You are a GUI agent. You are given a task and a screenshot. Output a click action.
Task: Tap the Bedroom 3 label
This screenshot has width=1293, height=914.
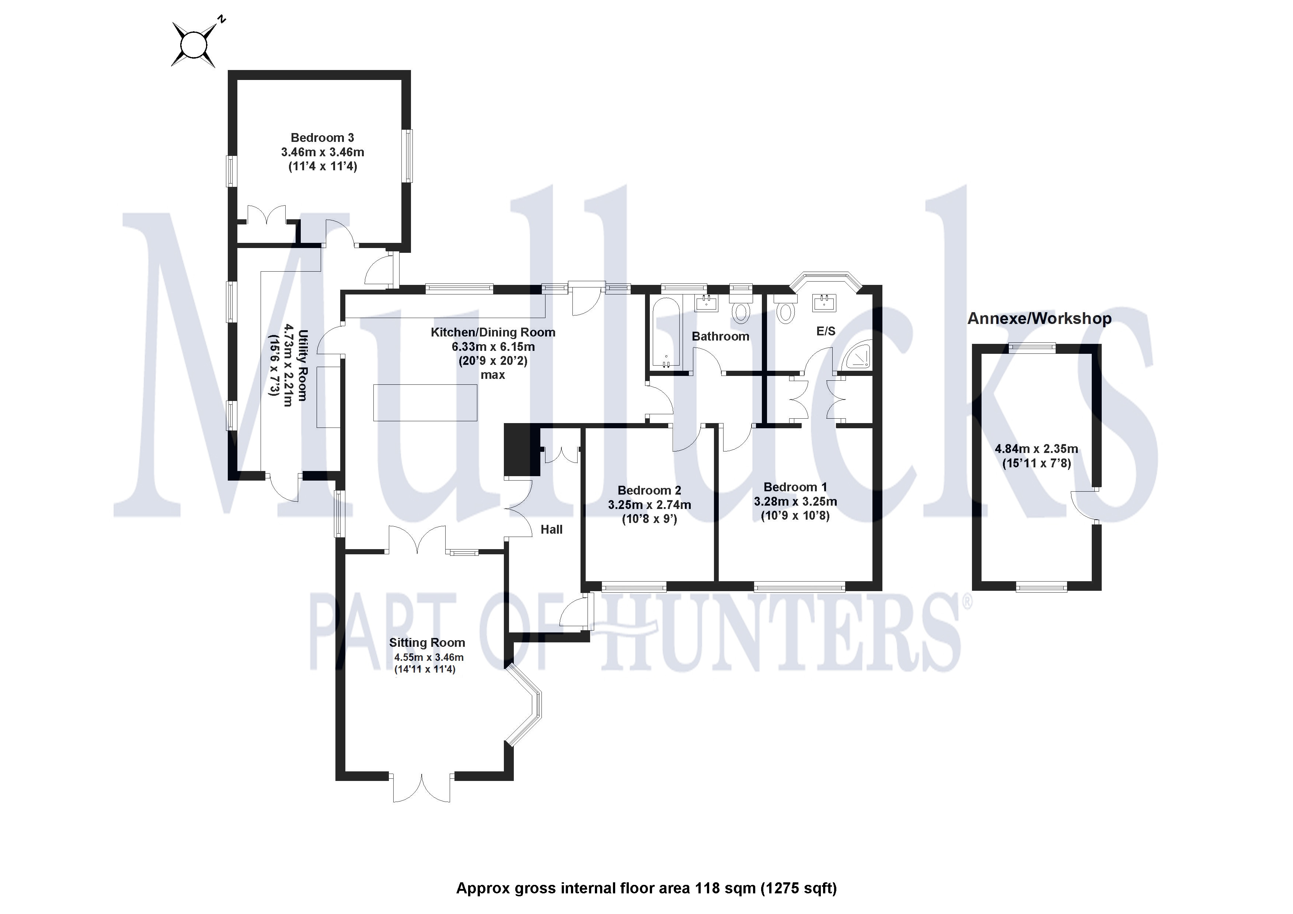coord(322,138)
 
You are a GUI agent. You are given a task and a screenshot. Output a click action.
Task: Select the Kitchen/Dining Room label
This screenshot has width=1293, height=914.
coord(493,332)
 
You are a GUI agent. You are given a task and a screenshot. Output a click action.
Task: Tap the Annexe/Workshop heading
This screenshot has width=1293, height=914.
coord(1039,319)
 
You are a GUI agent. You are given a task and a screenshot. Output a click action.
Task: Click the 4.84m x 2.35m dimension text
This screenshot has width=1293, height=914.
coord(1036,449)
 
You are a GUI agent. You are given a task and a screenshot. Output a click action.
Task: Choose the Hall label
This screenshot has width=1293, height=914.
coord(551,529)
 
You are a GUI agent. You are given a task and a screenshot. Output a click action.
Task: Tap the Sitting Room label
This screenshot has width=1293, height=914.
coord(427,642)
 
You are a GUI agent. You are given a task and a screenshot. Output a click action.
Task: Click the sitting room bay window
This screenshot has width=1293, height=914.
coord(527,707)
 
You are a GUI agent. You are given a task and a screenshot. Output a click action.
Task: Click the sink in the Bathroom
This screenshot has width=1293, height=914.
coord(707,304)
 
